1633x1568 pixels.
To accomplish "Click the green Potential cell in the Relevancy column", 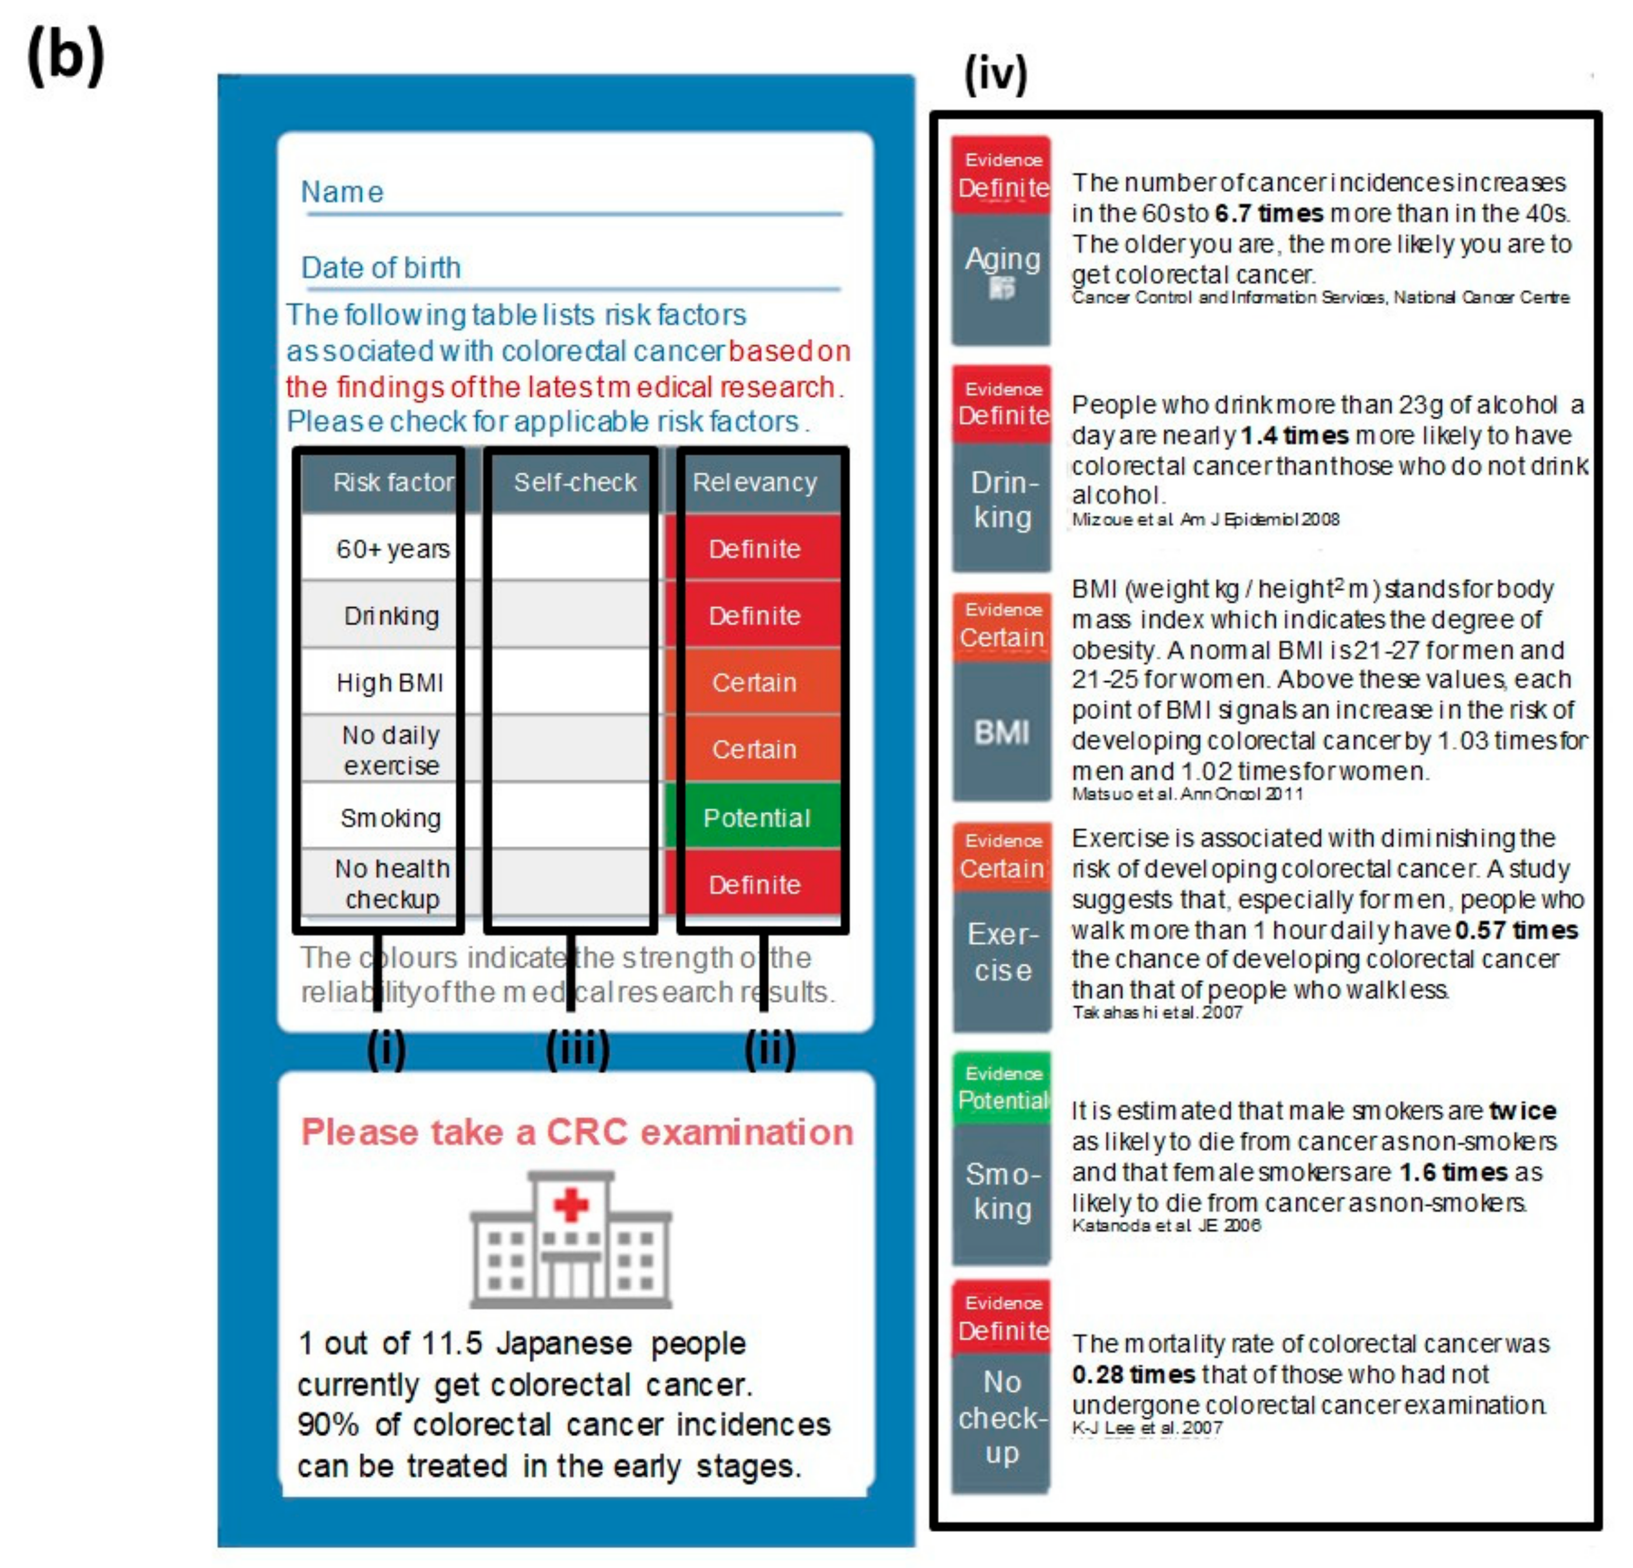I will click(x=756, y=817).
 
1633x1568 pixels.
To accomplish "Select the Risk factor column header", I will click(x=393, y=482).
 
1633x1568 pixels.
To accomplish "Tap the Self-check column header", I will click(x=574, y=482).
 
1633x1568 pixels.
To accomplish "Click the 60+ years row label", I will click(x=393, y=549).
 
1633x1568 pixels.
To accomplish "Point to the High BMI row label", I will click(x=390, y=682).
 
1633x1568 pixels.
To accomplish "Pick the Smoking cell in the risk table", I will click(x=390, y=817).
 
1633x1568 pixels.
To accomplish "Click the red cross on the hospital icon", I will click(x=571, y=1204).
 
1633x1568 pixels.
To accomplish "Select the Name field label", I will click(x=342, y=192).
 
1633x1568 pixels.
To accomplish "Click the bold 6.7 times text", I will click(x=1268, y=213).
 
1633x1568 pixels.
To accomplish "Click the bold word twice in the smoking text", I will click(x=1523, y=1111).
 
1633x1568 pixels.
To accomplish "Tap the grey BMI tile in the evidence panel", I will click(x=1001, y=731).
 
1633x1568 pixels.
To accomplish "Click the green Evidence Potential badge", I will click(x=1003, y=1088).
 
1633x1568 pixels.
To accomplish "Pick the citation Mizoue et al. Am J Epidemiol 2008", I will click(x=1205, y=519).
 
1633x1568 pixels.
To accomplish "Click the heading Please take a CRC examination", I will click(x=577, y=1132).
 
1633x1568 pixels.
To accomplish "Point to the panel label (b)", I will click(x=66, y=57).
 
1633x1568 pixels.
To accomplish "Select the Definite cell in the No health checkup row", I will click(x=755, y=884).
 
